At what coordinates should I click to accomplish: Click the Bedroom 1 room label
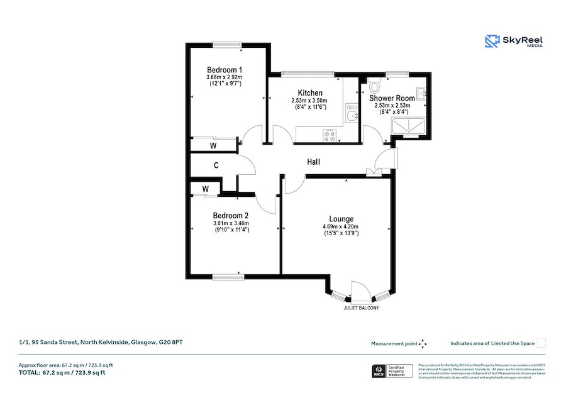tap(225, 70)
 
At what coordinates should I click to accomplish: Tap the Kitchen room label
tap(310, 93)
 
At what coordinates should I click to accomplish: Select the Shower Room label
tap(392, 98)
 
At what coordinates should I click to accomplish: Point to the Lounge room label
tap(340, 219)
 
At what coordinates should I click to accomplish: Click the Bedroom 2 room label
tap(230, 215)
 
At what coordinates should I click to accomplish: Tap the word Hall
tap(313, 162)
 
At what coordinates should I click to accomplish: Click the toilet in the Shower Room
tap(375, 86)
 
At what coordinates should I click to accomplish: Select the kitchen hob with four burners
tap(330, 134)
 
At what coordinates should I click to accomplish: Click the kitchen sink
tap(350, 116)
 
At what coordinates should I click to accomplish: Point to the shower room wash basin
tap(422, 94)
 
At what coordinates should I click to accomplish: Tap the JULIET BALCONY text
tap(361, 309)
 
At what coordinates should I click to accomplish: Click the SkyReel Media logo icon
tap(491, 42)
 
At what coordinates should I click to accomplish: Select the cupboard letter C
tap(216, 166)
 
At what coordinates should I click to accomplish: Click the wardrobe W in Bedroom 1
tap(213, 146)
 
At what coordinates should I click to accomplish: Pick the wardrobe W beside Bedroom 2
tap(206, 189)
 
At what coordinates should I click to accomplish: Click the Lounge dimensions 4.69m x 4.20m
tap(340, 226)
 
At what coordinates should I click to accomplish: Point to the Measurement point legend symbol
tap(423, 343)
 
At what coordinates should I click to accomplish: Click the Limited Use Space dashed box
tap(541, 343)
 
